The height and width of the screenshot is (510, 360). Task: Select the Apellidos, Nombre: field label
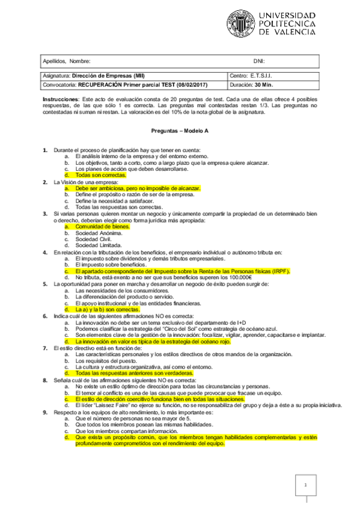(67, 61)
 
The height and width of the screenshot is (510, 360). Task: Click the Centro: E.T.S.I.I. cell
(252, 76)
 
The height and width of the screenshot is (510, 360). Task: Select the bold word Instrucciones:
(61, 99)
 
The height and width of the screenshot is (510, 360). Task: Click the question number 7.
(45, 348)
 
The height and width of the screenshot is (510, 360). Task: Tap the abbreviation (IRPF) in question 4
(279, 271)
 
